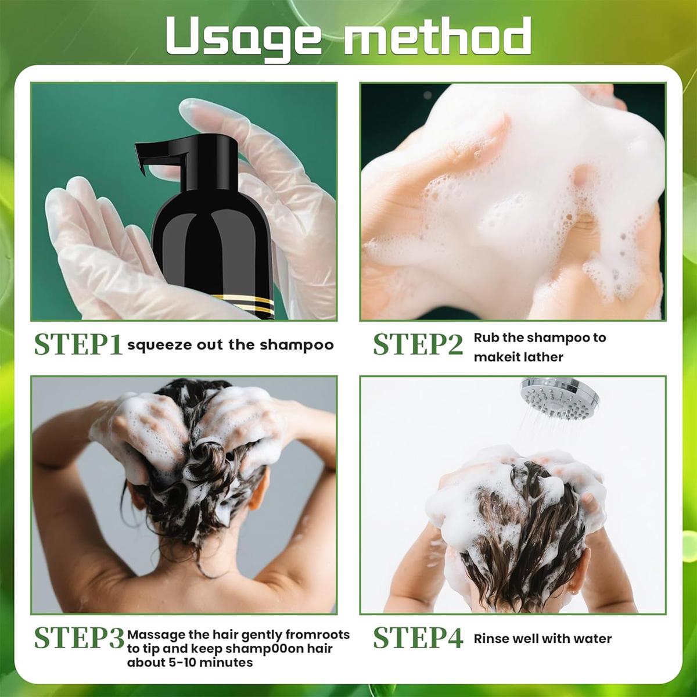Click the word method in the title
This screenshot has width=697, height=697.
tap(437, 36)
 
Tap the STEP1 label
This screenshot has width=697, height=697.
tap(78, 344)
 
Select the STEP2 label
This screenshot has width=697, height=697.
tap(418, 344)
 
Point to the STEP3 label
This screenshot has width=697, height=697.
tap(79, 638)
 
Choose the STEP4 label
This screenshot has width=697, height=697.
tap(418, 638)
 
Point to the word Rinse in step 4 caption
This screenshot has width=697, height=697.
tap(490, 639)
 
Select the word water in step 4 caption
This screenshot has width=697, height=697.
tap(592, 639)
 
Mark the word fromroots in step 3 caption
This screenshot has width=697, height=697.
tap(320, 635)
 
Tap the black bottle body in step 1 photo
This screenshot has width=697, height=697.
tap(212, 244)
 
